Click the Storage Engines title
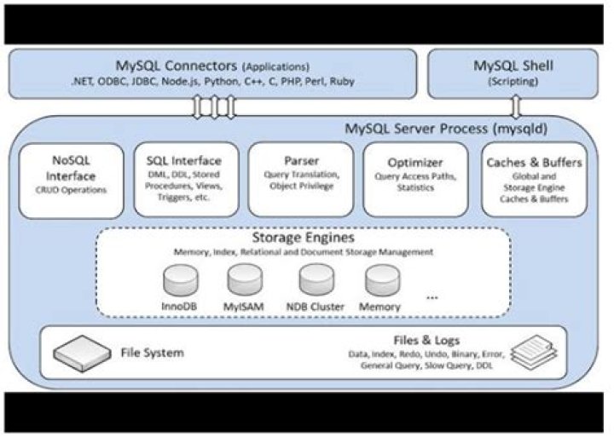[x=304, y=239]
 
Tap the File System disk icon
[x=82, y=350]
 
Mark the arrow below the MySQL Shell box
[x=515, y=106]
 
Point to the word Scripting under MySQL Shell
[x=513, y=83]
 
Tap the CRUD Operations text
[x=71, y=190]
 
